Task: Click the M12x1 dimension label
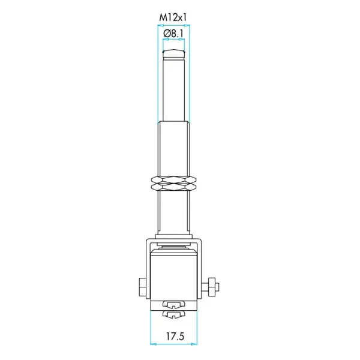[173, 17]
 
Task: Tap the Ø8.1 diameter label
[173, 34]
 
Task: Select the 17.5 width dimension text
[175, 337]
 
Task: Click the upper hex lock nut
[174, 179]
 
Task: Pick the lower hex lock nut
[174, 187]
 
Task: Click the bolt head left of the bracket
[143, 287]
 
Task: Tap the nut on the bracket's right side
[212, 287]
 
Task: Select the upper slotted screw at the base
[174, 305]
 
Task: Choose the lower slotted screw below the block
[174, 314]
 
